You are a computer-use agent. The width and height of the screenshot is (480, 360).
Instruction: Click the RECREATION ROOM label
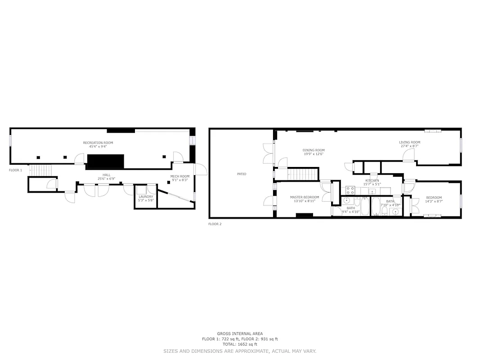(98, 143)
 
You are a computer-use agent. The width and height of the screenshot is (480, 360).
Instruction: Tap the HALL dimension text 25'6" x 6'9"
(107, 179)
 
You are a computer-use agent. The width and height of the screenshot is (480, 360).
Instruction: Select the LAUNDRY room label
(146, 197)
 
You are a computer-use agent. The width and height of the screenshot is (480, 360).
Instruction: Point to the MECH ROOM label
(180, 176)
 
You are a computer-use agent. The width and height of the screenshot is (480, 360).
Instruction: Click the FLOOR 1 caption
(15, 170)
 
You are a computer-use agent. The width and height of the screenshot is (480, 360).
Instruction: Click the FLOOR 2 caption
(215, 224)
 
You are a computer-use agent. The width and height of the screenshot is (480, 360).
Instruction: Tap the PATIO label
(242, 174)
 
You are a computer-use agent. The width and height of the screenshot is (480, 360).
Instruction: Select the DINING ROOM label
(313, 150)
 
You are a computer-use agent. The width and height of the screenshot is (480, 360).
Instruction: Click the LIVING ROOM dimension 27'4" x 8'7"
(409, 146)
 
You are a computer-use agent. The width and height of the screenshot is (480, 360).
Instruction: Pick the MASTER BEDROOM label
(305, 197)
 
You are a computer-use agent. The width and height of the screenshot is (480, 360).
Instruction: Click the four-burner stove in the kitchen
(350, 190)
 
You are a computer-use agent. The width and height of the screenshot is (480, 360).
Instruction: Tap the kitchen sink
(372, 191)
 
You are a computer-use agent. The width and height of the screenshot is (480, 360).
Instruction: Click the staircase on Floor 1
(41, 171)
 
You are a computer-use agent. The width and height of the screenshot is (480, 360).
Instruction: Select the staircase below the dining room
(302, 174)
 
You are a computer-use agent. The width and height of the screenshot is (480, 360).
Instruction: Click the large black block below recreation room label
(105, 161)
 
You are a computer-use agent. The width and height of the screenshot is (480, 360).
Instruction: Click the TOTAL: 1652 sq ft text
(240, 344)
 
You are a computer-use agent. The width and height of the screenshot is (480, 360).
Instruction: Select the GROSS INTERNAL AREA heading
(240, 334)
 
